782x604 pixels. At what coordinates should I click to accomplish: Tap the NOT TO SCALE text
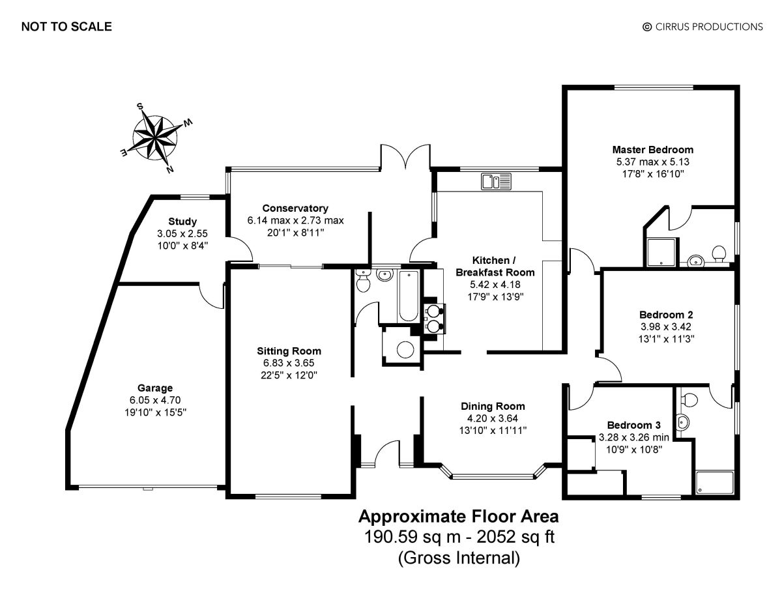point(66,27)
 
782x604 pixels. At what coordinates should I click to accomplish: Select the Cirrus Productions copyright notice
point(702,27)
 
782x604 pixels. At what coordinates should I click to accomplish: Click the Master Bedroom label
point(653,150)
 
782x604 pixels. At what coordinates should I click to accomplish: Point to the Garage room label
point(155,388)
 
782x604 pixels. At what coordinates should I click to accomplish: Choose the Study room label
point(182,222)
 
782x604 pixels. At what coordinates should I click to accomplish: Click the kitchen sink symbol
point(497,181)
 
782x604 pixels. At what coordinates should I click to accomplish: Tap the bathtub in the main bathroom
point(409,296)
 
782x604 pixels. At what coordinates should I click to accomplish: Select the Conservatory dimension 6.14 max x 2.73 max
point(295,220)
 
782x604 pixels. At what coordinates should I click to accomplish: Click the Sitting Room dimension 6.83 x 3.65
point(289,363)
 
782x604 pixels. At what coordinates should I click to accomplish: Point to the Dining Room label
point(493,406)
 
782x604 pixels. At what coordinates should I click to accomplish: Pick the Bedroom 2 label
point(666,315)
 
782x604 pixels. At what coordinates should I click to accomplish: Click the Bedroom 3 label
point(633,425)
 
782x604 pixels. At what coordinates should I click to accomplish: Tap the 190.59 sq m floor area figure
point(413,537)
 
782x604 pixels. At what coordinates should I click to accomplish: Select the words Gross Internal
point(459,558)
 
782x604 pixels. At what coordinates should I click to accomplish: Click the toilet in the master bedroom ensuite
point(719,253)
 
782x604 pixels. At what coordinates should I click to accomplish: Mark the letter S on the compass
point(139,106)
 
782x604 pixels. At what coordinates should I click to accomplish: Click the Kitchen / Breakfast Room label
point(495,266)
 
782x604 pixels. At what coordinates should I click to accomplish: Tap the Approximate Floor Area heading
point(459,517)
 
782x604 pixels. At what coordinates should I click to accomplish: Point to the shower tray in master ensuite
point(661,252)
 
